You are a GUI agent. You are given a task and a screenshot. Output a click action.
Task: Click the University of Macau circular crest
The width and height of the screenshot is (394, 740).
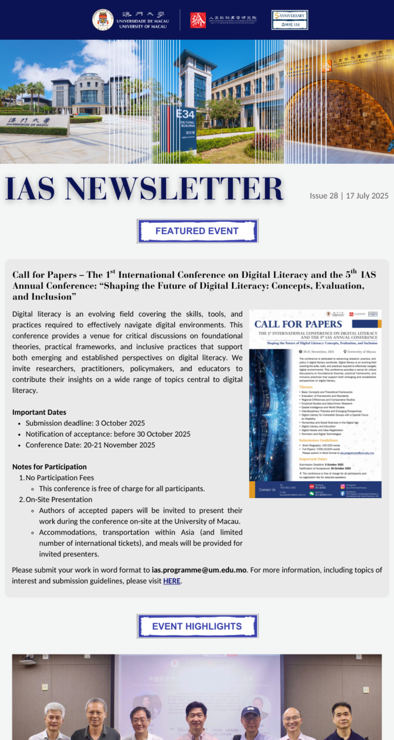point(103,20)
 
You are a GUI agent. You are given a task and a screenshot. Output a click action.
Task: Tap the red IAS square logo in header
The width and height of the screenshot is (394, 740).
point(198,20)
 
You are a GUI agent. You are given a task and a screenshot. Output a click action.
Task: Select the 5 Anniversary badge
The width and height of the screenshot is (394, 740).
point(289,20)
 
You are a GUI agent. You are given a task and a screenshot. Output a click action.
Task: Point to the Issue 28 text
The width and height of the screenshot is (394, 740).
point(323,196)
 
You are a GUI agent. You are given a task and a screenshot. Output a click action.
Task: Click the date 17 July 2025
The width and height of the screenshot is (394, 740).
point(367,196)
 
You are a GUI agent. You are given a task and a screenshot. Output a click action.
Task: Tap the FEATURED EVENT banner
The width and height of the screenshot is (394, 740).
point(197,231)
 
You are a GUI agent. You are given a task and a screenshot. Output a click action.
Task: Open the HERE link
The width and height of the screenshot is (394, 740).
point(172,581)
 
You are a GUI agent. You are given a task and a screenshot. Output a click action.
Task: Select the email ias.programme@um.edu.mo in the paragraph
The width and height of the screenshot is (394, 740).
point(199,570)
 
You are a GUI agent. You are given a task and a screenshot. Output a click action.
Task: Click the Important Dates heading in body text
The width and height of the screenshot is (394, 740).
point(39,412)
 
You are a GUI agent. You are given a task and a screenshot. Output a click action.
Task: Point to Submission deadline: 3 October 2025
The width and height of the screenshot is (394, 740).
point(85,423)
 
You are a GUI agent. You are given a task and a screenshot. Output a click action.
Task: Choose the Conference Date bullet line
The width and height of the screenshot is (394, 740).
point(90,445)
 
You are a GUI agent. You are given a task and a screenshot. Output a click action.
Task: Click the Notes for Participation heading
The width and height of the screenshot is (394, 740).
point(49,467)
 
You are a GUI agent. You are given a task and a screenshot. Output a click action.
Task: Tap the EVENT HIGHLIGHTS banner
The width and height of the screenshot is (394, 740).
point(197,626)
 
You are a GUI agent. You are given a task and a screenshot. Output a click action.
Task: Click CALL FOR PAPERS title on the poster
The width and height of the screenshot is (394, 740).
point(298,324)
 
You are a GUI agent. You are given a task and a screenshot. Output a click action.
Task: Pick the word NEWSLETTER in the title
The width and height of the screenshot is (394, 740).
point(174,189)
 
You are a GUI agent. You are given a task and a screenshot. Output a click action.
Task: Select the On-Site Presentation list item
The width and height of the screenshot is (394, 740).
point(59,500)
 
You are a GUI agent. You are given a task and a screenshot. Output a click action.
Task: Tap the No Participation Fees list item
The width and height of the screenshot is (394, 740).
point(59,478)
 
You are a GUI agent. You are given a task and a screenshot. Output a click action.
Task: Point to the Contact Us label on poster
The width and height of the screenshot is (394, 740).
point(267,490)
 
